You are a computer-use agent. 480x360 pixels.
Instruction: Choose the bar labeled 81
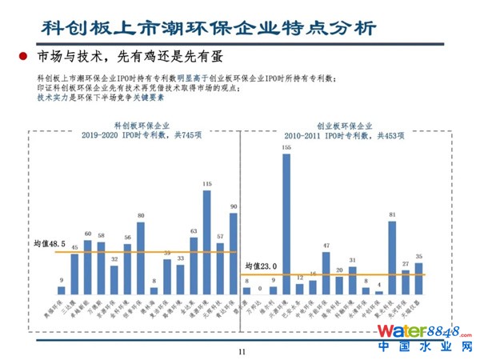coord(392,258)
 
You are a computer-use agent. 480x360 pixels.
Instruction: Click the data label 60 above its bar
coord(88,234)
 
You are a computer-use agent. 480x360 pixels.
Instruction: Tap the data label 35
coord(418,255)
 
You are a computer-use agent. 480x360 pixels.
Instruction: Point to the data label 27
coord(405,263)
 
